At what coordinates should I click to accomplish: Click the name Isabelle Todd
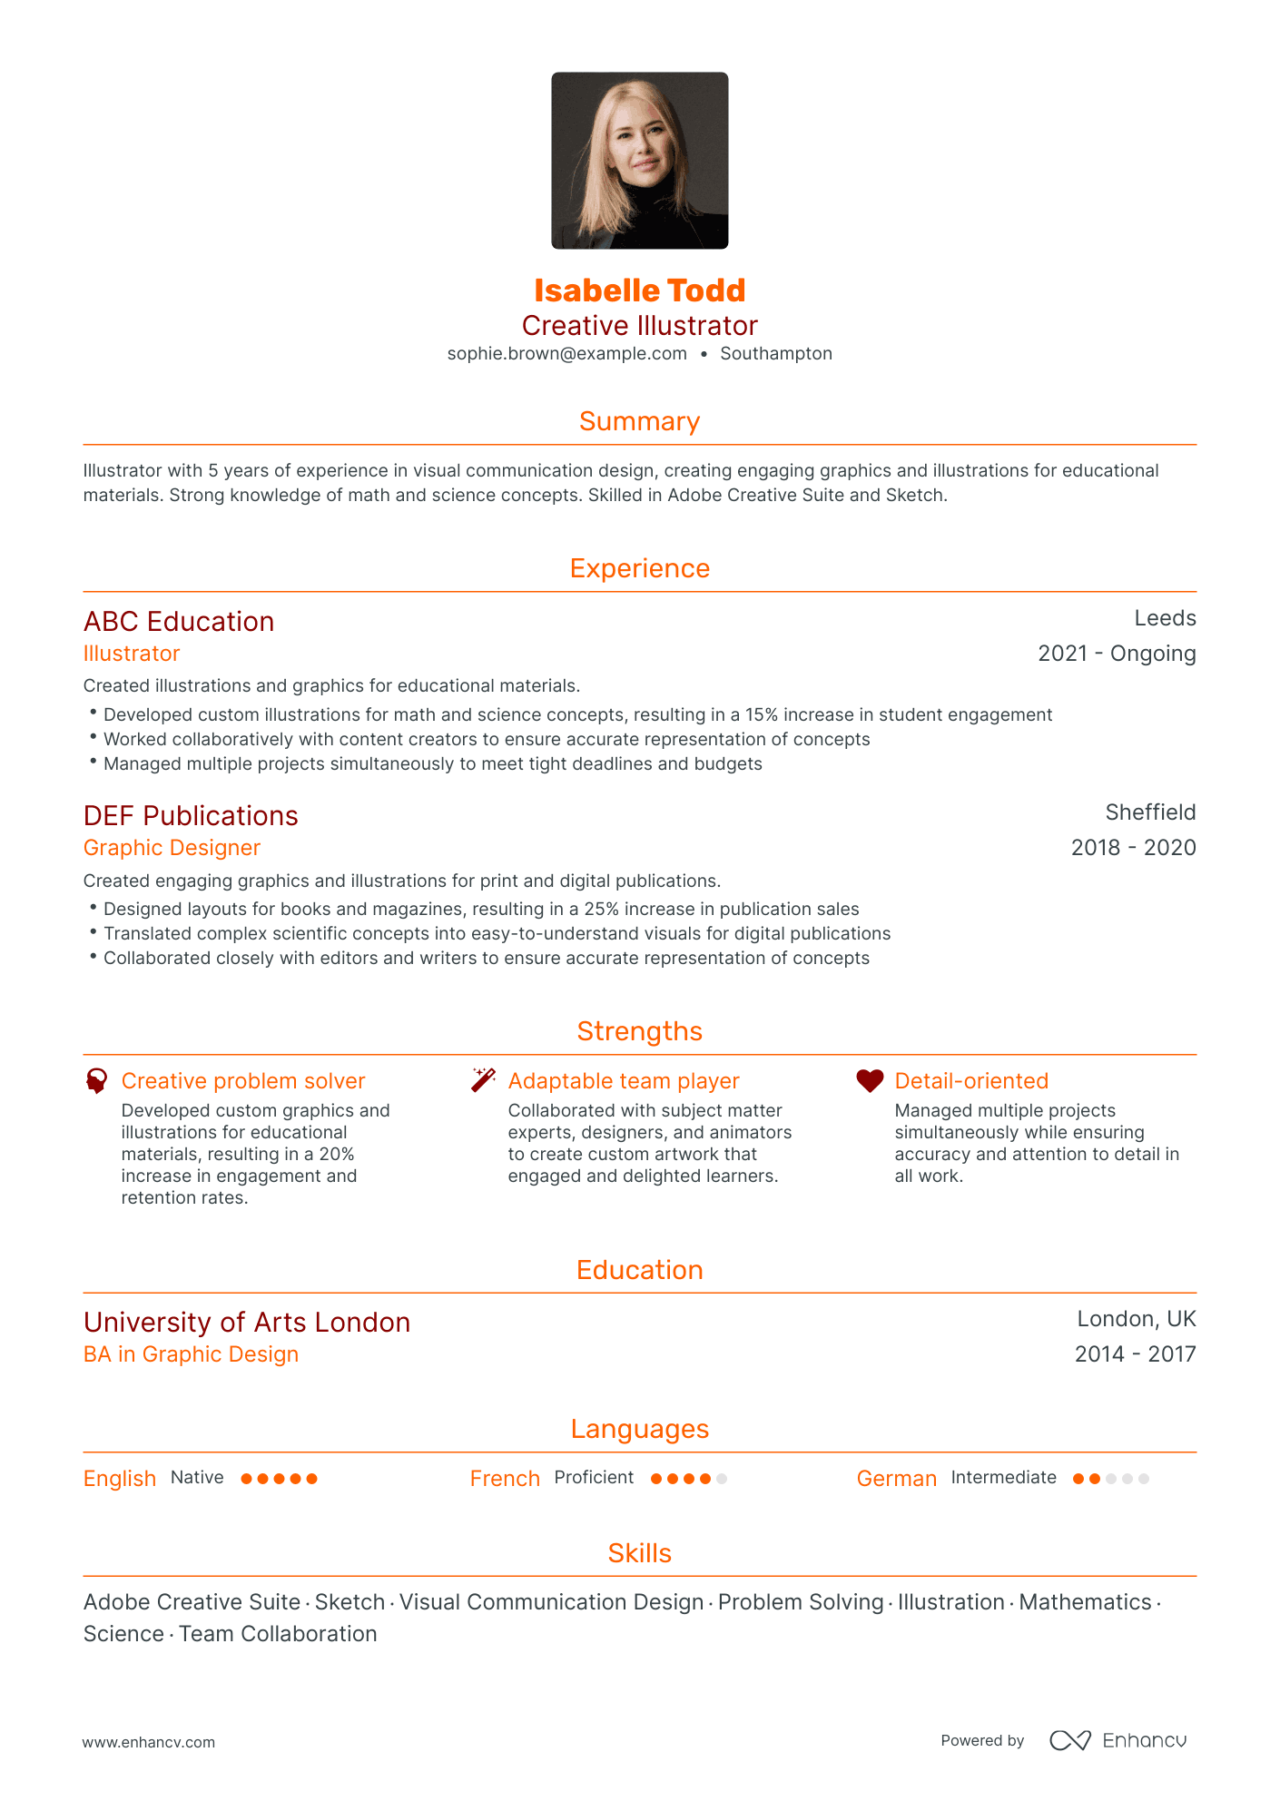[639, 290]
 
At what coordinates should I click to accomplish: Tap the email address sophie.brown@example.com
[566, 354]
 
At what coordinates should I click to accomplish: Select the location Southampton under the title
[776, 354]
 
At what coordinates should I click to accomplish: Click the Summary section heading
[639, 421]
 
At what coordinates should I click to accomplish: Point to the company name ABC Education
[179, 622]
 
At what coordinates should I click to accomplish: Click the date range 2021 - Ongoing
[1117, 654]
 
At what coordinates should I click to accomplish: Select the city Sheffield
[1150, 812]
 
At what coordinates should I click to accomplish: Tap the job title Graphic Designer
[172, 848]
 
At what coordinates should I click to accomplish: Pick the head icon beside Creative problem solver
[96, 1080]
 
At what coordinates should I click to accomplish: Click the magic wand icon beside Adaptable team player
[483, 1080]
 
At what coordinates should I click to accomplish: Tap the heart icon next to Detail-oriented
[870, 1080]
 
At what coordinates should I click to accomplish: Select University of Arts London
[247, 1323]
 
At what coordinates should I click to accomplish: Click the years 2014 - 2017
[1135, 1354]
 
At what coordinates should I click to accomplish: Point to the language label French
[505, 1479]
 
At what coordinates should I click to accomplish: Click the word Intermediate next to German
[1003, 1478]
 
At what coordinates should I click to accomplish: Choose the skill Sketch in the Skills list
[350, 1602]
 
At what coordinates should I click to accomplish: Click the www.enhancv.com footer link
[149, 1742]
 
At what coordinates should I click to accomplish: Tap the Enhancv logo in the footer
[1118, 1740]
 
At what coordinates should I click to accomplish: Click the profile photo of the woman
[639, 161]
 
